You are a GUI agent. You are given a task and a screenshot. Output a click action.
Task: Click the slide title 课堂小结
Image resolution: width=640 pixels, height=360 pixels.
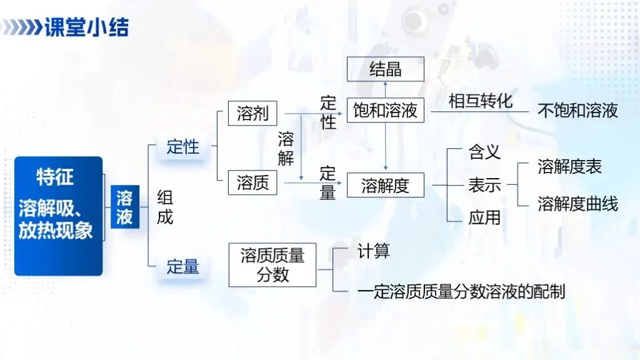[x=86, y=28]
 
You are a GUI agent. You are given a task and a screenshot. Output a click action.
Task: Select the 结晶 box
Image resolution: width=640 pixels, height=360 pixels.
[x=385, y=69]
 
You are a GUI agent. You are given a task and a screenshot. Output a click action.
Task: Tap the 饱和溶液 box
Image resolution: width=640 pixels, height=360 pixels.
[x=385, y=111]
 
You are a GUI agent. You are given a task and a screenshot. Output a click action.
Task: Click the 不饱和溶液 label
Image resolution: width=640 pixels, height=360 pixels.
[x=577, y=111]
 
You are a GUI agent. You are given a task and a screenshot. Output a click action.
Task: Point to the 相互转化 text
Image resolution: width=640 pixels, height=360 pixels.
[x=480, y=101]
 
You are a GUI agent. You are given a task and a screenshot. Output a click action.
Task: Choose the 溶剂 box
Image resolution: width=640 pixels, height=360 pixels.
[x=252, y=114]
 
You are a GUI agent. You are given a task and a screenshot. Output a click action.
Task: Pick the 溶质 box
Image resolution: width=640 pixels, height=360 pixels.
[x=252, y=182]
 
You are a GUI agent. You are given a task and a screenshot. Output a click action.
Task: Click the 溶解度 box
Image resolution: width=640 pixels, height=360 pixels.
[x=385, y=185]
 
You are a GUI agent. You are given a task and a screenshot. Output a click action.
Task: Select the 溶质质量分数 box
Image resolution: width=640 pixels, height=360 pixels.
[x=272, y=265]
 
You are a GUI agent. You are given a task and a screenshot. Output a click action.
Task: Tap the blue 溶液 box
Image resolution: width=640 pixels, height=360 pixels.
[x=124, y=207]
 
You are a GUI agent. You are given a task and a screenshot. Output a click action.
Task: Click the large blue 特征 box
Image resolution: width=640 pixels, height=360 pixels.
[x=58, y=216]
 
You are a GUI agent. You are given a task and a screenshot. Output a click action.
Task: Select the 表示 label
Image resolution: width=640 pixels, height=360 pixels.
[x=484, y=185]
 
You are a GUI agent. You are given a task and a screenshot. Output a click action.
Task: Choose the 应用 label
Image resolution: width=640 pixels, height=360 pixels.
[x=484, y=217]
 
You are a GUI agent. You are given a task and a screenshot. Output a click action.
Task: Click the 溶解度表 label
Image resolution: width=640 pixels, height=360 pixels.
[x=569, y=167]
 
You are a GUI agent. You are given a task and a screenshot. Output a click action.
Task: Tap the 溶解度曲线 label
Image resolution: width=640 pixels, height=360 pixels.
[x=577, y=204]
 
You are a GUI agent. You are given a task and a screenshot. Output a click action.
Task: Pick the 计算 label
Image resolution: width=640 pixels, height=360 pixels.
[x=374, y=251]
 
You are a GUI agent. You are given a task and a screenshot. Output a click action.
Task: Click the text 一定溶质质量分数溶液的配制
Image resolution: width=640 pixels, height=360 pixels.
[x=461, y=292]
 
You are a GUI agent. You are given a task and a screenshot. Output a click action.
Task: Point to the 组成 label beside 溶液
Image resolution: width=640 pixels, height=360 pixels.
[x=164, y=207]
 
